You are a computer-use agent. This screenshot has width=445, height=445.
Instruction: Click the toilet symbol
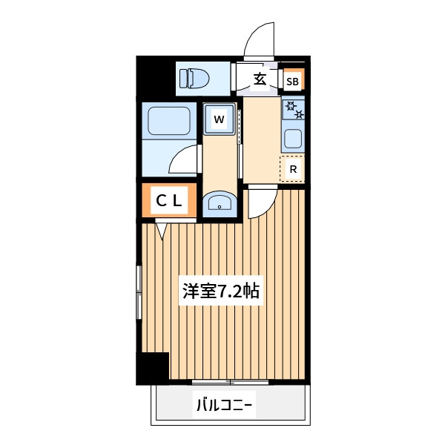tap(194, 78)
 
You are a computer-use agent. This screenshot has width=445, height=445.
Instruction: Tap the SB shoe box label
tap(292, 82)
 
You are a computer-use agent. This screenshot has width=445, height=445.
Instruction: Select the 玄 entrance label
tap(260, 79)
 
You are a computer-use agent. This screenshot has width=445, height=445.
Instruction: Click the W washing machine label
tap(219, 119)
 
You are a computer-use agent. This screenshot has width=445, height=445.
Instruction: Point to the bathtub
tap(169, 121)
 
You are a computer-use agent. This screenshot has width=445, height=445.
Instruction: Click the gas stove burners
tap(294, 110)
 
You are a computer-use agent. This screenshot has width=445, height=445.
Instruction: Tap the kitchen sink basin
tap(293, 139)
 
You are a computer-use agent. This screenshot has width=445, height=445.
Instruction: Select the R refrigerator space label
tap(293, 169)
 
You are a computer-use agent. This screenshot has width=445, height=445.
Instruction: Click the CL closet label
tap(169, 201)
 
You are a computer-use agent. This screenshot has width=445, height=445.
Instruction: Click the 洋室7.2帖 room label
tap(221, 291)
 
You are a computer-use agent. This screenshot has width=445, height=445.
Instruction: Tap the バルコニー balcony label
tap(224, 404)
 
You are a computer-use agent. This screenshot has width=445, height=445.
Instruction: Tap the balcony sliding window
tap(230, 382)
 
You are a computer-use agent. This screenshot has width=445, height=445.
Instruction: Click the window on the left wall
tap(139, 292)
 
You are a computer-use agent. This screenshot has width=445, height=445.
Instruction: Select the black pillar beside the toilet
tap(155, 77)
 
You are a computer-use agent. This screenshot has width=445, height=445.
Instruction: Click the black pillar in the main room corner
tap(153, 368)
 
